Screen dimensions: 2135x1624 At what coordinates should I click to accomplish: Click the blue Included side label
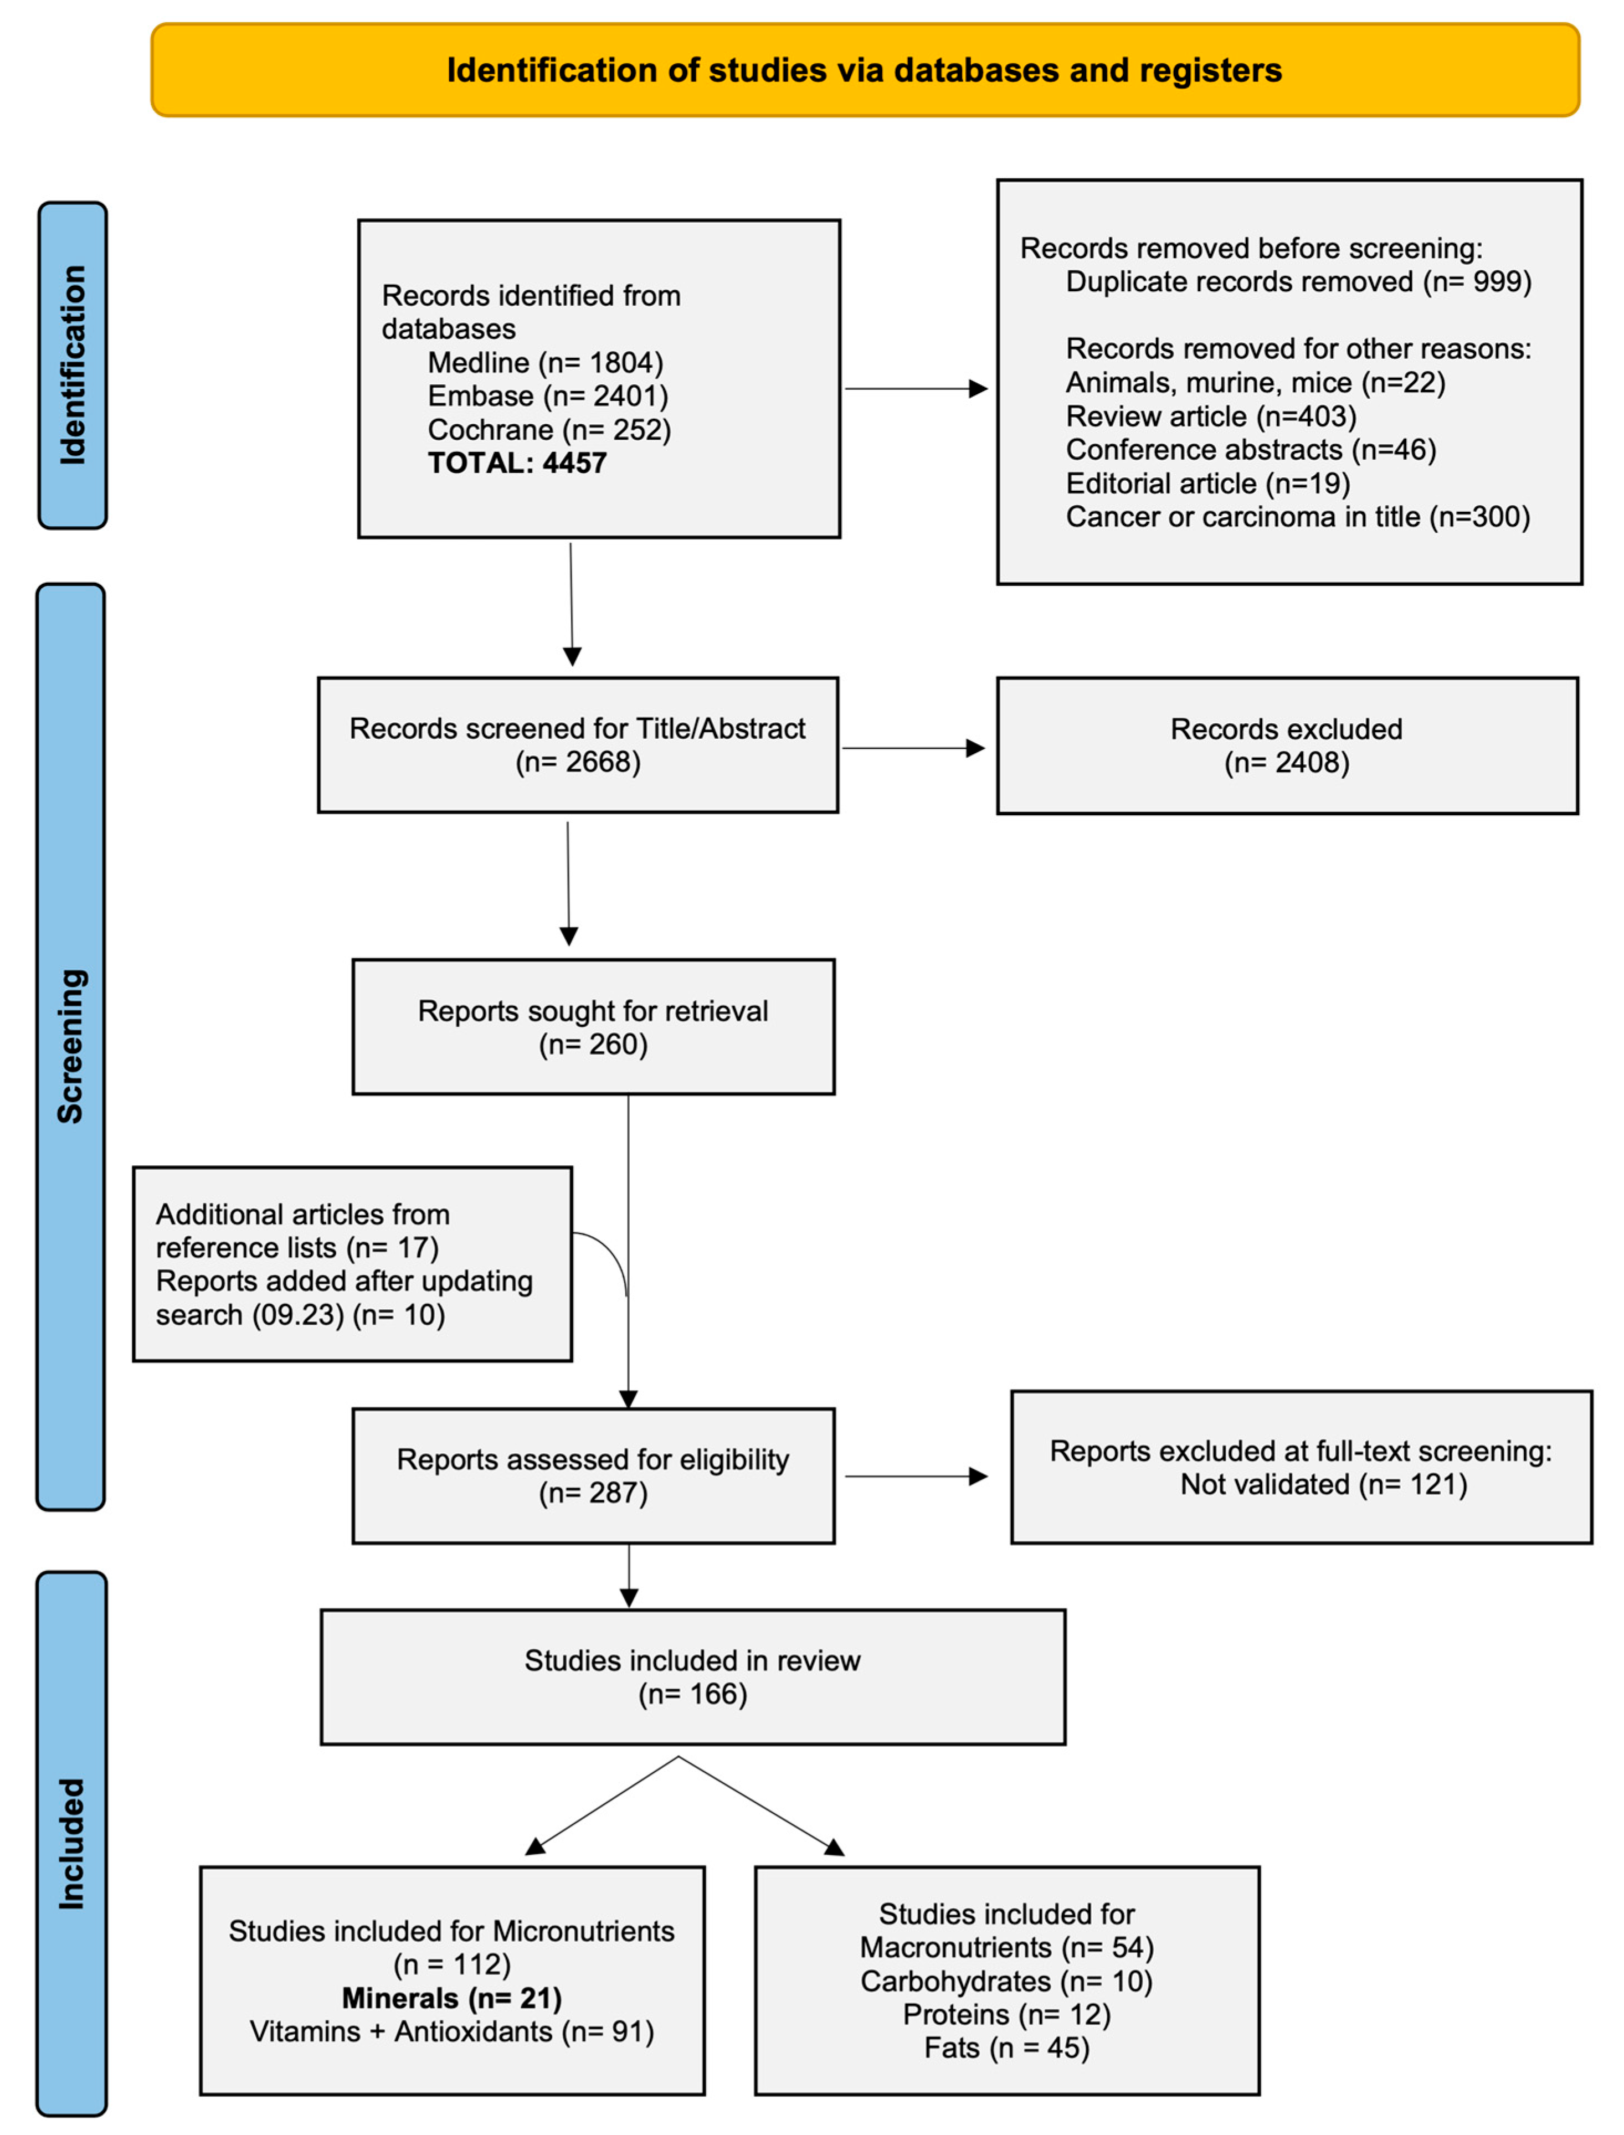point(71,1844)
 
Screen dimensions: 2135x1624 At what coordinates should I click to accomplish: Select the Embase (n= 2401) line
point(548,397)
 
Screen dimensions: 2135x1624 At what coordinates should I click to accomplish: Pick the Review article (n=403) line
point(1210,416)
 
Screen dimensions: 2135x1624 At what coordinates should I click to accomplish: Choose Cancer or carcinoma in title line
point(1297,517)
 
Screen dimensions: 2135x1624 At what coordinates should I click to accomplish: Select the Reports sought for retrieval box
point(593,1026)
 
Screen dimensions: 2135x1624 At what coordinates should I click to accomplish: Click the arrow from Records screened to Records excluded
point(913,748)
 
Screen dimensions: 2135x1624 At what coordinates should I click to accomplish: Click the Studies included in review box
point(692,1677)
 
